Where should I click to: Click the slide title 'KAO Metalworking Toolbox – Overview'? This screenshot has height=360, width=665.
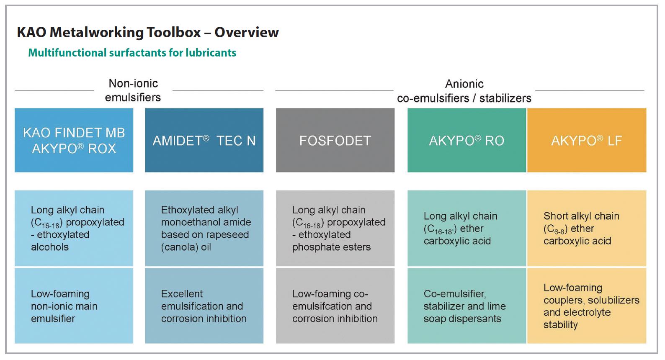[148, 32]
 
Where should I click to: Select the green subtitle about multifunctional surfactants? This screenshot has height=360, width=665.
[132, 53]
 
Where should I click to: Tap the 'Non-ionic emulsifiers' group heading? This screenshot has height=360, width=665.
[133, 90]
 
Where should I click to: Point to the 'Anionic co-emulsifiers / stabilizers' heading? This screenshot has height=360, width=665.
[464, 91]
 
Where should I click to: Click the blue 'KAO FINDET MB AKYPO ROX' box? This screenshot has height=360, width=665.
[74, 140]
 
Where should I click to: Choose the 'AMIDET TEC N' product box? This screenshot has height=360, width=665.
[204, 140]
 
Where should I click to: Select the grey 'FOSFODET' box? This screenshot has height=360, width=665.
[335, 140]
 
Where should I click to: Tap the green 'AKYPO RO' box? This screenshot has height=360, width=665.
[467, 140]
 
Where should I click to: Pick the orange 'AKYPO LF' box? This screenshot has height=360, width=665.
[587, 140]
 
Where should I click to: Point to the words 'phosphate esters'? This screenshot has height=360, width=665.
[331, 247]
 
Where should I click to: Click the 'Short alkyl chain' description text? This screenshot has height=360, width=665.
[581, 216]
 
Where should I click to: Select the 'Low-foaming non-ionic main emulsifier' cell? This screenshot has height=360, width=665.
[74, 306]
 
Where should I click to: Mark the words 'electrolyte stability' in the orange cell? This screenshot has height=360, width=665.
[577, 319]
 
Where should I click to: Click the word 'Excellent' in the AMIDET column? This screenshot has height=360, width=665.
[182, 294]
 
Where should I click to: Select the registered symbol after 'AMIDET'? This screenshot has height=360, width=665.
[206, 138]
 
